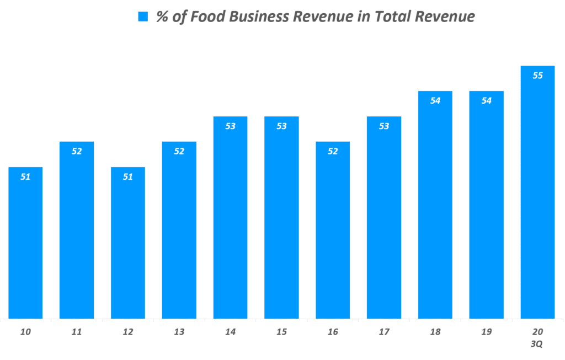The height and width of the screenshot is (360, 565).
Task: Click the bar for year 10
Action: point(25,243)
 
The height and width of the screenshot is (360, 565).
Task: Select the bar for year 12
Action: point(128,243)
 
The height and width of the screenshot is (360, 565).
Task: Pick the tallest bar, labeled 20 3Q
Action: point(537,192)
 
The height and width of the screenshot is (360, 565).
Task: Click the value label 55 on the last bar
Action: point(537,76)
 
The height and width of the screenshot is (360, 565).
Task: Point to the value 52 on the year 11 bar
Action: point(77,151)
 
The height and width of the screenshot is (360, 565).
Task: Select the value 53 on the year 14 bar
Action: point(231,126)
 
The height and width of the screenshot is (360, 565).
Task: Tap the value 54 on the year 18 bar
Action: point(435,100)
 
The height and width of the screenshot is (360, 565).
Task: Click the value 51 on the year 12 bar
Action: point(128,176)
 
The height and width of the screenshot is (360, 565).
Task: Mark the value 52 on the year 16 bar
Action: point(333,151)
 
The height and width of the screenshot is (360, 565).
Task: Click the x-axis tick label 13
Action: point(179,332)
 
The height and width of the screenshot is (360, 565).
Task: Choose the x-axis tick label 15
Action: point(281,332)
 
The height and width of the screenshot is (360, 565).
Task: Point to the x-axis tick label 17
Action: point(384,332)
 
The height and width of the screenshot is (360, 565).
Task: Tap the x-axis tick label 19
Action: point(486,332)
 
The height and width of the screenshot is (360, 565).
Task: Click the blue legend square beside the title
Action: point(143,17)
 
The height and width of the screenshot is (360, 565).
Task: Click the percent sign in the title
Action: point(162,17)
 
